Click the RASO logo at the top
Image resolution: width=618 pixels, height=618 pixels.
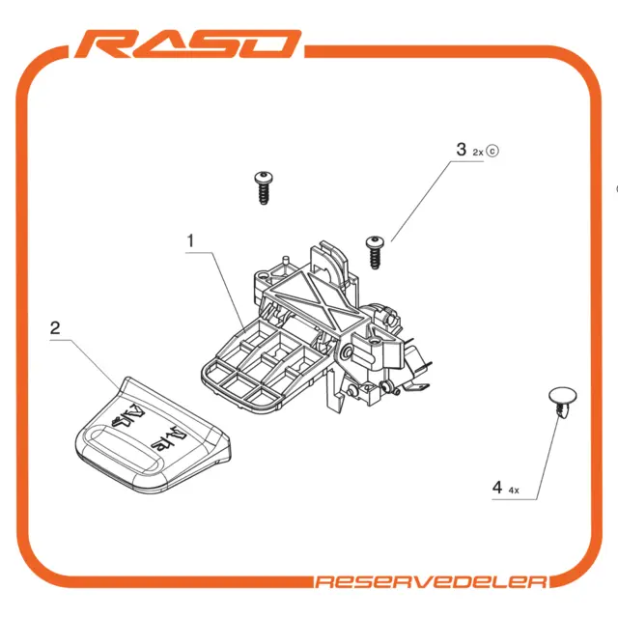tap(188, 44)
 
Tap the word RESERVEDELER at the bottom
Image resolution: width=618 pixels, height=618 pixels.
tap(432, 581)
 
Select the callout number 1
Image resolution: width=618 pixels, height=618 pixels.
tap(191, 240)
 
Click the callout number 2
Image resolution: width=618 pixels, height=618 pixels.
tap(55, 328)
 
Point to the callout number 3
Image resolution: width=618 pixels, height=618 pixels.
tap(462, 150)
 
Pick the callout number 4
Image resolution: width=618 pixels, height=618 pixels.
tap(497, 487)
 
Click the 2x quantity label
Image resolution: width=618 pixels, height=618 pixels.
tap(478, 153)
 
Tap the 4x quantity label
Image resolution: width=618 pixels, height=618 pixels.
tap(514, 491)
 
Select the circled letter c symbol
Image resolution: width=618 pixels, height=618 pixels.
tap(492, 151)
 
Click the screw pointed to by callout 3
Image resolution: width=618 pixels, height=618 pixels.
tap(375, 253)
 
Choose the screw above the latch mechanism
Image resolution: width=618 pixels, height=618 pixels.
tap(264, 187)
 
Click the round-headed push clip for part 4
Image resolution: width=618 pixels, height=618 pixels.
tap(562, 402)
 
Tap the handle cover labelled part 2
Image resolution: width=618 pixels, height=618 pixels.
tap(153, 435)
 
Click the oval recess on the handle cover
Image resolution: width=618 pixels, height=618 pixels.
tap(123, 448)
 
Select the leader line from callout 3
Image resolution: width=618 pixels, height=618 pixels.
tap(430, 192)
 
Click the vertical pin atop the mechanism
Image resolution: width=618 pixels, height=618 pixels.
tap(286, 263)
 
